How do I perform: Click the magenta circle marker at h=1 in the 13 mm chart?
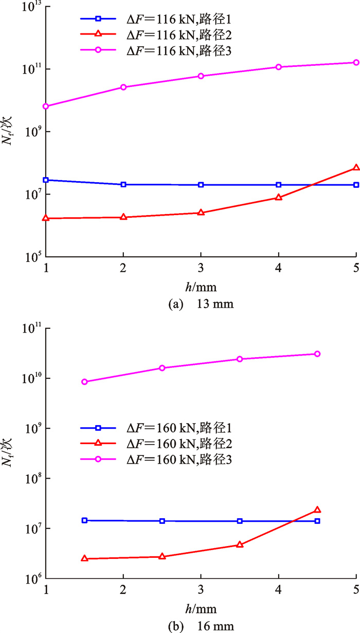(x=46, y=106)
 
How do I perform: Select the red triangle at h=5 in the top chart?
(x=356, y=168)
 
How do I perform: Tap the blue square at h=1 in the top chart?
(x=46, y=180)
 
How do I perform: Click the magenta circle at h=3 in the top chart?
(x=201, y=76)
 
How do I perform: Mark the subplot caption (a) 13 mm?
(x=201, y=304)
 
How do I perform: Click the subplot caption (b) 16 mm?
(x=201, y=626)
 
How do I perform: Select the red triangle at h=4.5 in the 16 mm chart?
(x=317, y=510)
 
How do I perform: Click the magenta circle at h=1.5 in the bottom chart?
(x=85, y=382)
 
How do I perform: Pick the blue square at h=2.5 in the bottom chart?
(x=162, y=521)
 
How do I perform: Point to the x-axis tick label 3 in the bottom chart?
(x=201, y=590)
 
